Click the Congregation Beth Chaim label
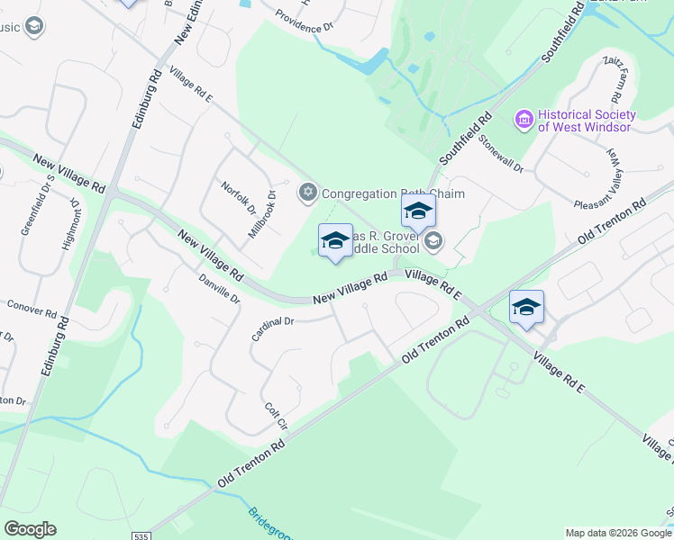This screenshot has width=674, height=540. (372, 193)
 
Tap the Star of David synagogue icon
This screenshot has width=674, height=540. (308, 193)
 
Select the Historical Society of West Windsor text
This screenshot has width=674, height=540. (587, 121)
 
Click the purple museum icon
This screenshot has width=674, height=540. (524, 119)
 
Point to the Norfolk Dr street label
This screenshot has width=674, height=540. (239, 198)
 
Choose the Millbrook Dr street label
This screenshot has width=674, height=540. (261, 213)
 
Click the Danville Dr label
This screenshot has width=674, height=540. (219, 288)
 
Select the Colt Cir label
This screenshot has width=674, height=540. (276, 415)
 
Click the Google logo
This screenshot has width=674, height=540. (30, 529)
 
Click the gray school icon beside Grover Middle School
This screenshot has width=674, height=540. (433, 239)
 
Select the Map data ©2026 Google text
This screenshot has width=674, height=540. (617, 533)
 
